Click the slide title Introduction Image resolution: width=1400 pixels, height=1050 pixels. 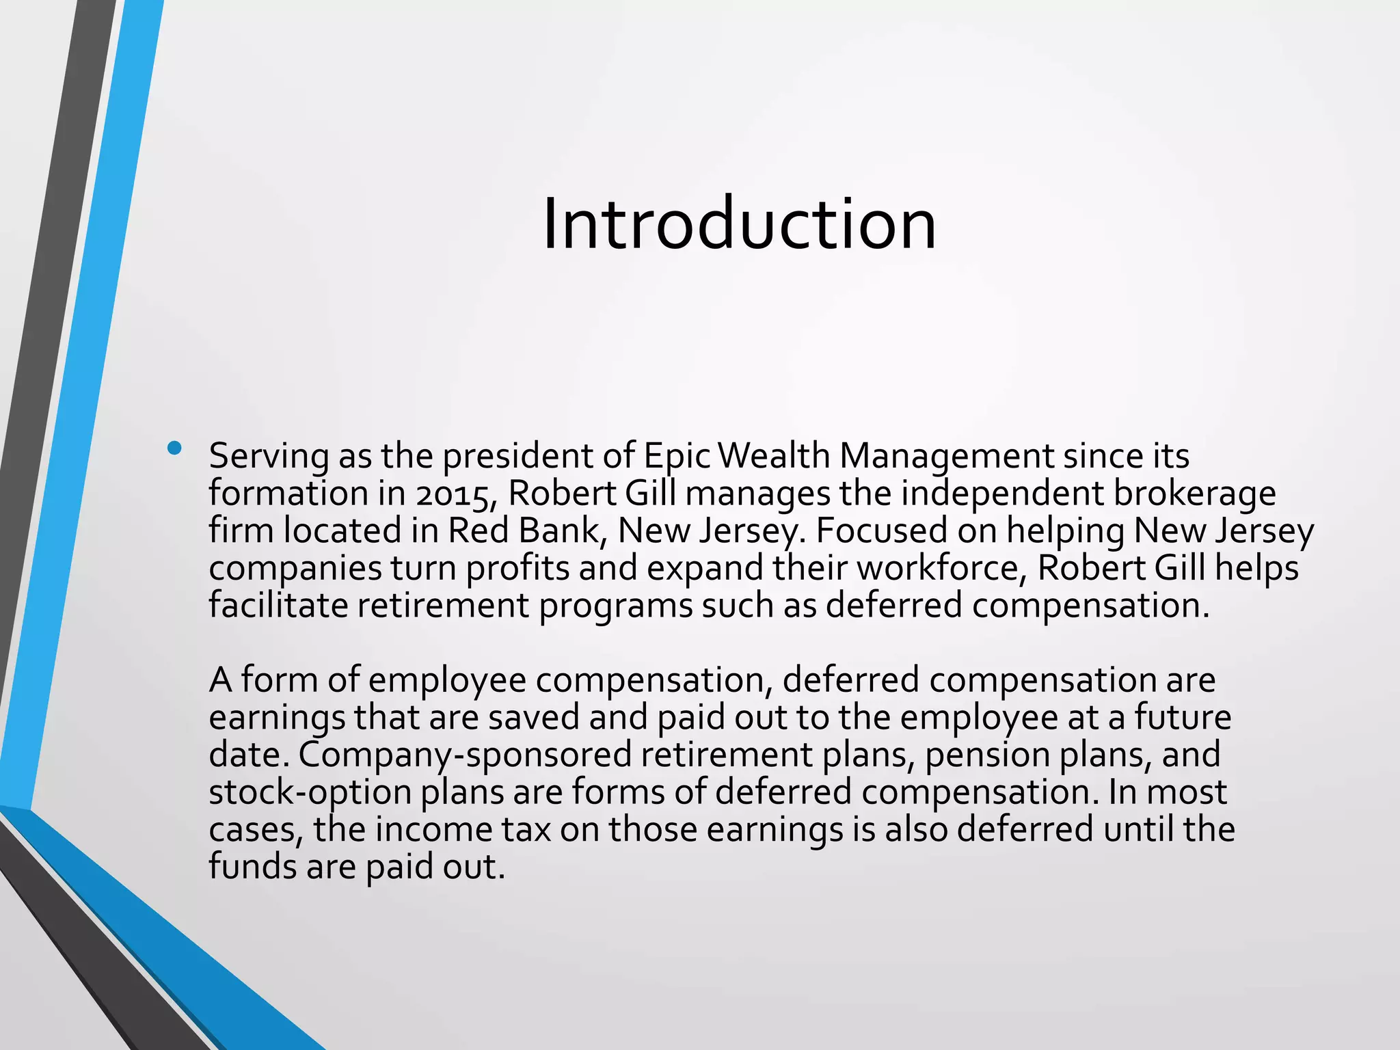tap(739, 224)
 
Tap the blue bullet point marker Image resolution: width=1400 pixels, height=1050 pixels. tap(175, 448)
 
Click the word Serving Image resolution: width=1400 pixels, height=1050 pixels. tap(269, 457)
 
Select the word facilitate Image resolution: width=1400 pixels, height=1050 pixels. tap(278, 606)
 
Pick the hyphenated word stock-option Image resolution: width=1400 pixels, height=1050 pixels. tap(310, 792)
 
